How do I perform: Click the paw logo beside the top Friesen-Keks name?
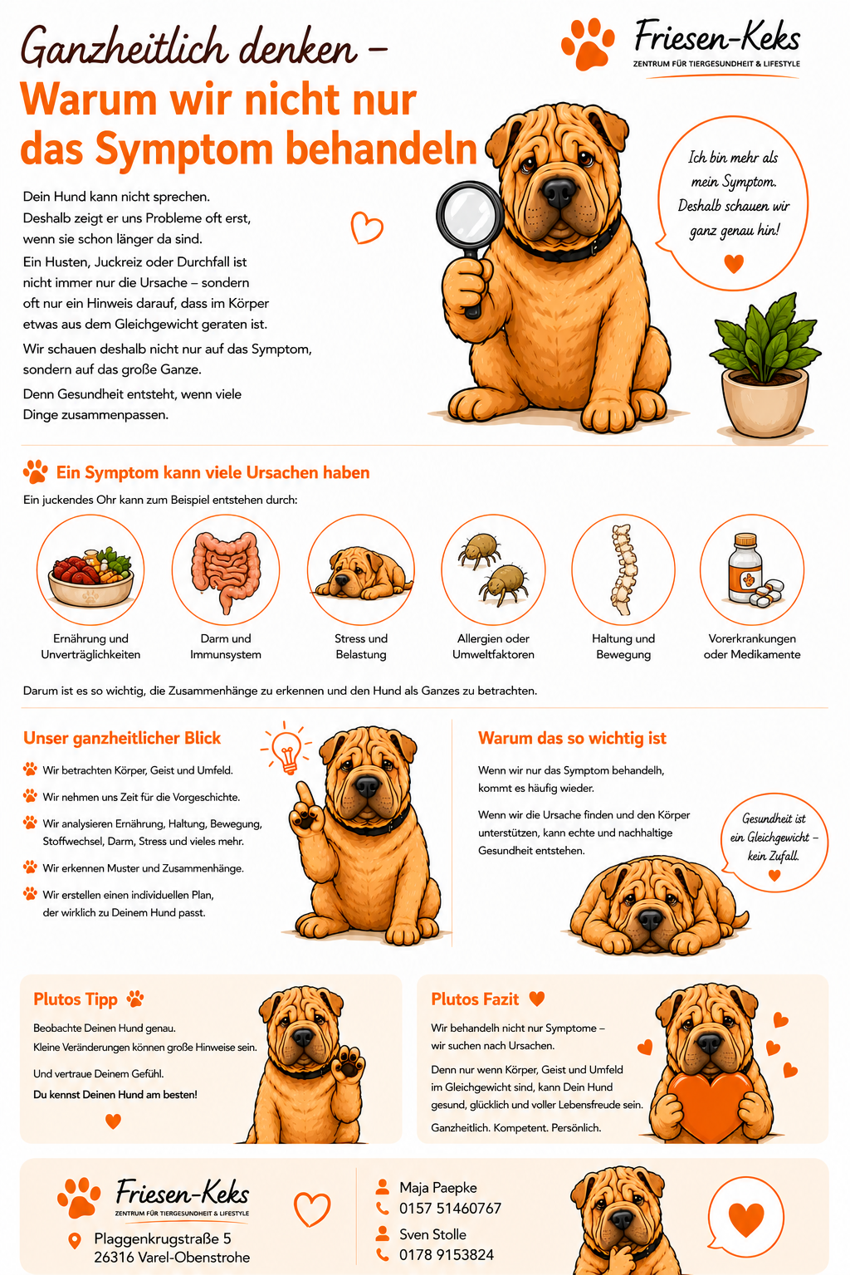[x=588, y=44]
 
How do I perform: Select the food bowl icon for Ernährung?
[x=91, y=576]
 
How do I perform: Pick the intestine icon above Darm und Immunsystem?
[x=226, y=571]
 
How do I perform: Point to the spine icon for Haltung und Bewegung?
[x=623, y=569]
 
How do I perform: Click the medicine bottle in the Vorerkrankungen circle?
[x=745, y=568]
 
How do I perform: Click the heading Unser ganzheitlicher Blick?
[x=122, y=738]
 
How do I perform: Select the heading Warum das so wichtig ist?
[x=572, y=738]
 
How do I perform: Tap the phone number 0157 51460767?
[x=450, y=1208]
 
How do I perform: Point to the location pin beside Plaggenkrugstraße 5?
[x=75, y=1241]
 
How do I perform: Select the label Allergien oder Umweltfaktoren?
[x=493, y=647]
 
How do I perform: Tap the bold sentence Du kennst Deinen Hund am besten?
[x=115, y=1095]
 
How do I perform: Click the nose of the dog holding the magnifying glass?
[x=559, y=192]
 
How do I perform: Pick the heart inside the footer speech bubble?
[x=745, y=1219]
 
